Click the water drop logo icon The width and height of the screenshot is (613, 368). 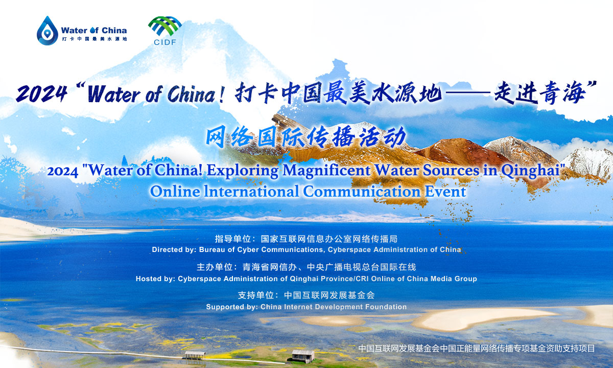tap(48, 30)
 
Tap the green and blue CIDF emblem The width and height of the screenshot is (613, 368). tap(164, 26)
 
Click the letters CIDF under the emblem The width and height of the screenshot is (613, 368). tap(164, 42)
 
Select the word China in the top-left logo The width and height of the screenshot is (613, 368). tap(114, 30)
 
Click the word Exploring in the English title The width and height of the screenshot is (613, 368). tap(243, 170)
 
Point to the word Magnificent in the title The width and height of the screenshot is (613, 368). tap(326, 170)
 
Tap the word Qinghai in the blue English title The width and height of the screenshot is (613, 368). tap(530, 171)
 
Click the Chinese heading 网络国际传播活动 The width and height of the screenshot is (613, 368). tap(306, 136)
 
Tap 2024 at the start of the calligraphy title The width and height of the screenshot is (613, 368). tap(41, 94)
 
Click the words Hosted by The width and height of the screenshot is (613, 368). tap(155, 279)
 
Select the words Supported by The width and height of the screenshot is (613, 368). tap(231, 307)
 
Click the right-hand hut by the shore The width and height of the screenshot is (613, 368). tap(303, 356)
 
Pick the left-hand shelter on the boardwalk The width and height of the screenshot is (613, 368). tap(195, 355)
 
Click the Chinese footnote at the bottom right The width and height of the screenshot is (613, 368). tap(477, 348)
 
